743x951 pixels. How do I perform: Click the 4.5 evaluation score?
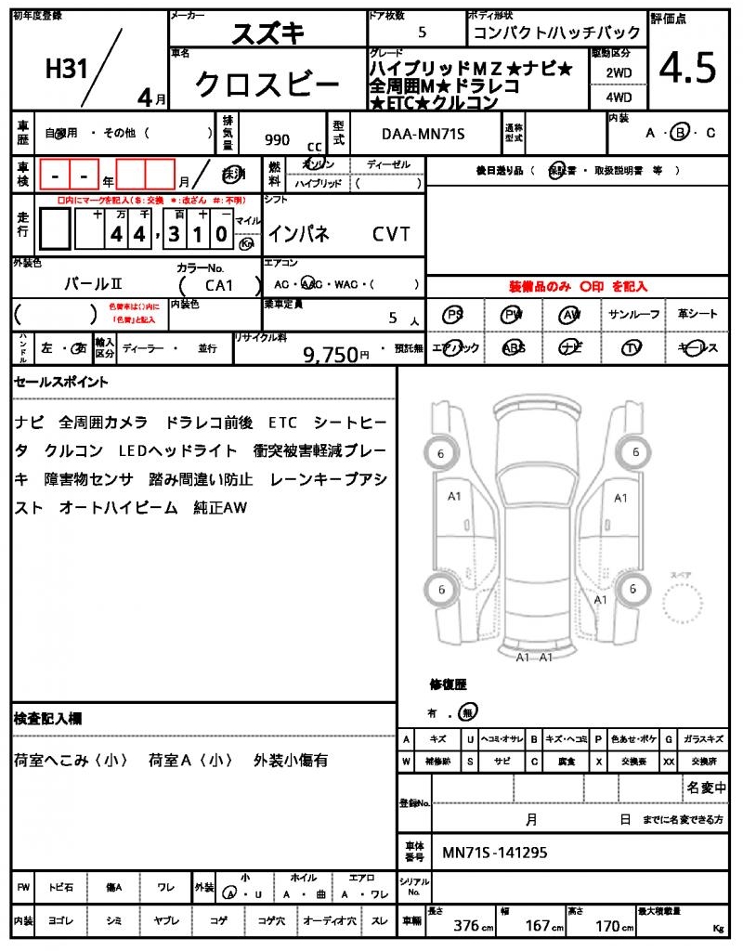coord(688,69)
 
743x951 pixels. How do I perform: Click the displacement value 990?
coord(277,139)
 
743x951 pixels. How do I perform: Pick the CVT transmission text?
coord(391,235)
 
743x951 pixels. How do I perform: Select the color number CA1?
coord(219,285)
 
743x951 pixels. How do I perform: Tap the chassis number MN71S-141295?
coord(495,852)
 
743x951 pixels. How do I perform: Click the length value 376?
coord(466,926)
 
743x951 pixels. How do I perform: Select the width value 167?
coord(539,926)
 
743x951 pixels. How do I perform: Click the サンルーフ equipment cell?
coord(634,315)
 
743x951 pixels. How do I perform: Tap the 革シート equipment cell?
coord(697,315)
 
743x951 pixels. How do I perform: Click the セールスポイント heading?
coord(61,382)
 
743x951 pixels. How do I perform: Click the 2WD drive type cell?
coord(619,72)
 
